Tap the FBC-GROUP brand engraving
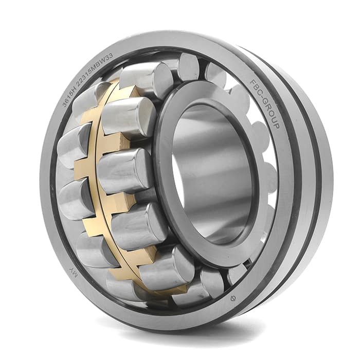pos(265,103)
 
